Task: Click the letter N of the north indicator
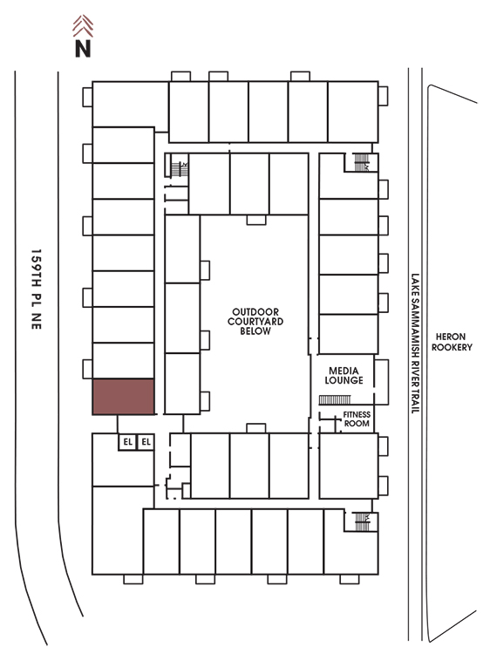(83, 48)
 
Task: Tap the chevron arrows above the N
(83, 26)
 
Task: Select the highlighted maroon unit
(124, 397)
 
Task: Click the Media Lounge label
(344, 375)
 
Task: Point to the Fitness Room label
(357, 419)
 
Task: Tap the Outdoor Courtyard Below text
(255, 321)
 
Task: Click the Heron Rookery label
(452, 342)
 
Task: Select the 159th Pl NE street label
(37, 289)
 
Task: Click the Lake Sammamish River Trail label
(415, 344)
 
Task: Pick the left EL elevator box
(127, 442)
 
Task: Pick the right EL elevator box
(146, 442)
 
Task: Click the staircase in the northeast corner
(362, 162)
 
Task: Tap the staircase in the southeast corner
(362, 521)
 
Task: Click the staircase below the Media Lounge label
(335, 400)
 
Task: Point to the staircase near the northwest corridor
(180, 169)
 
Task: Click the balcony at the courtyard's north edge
(256, 220)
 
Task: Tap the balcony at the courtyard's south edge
(256, 428)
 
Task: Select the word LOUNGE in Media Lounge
(344, 380)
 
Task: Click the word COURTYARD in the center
(255, 322)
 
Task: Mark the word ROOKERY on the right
(452, 347)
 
